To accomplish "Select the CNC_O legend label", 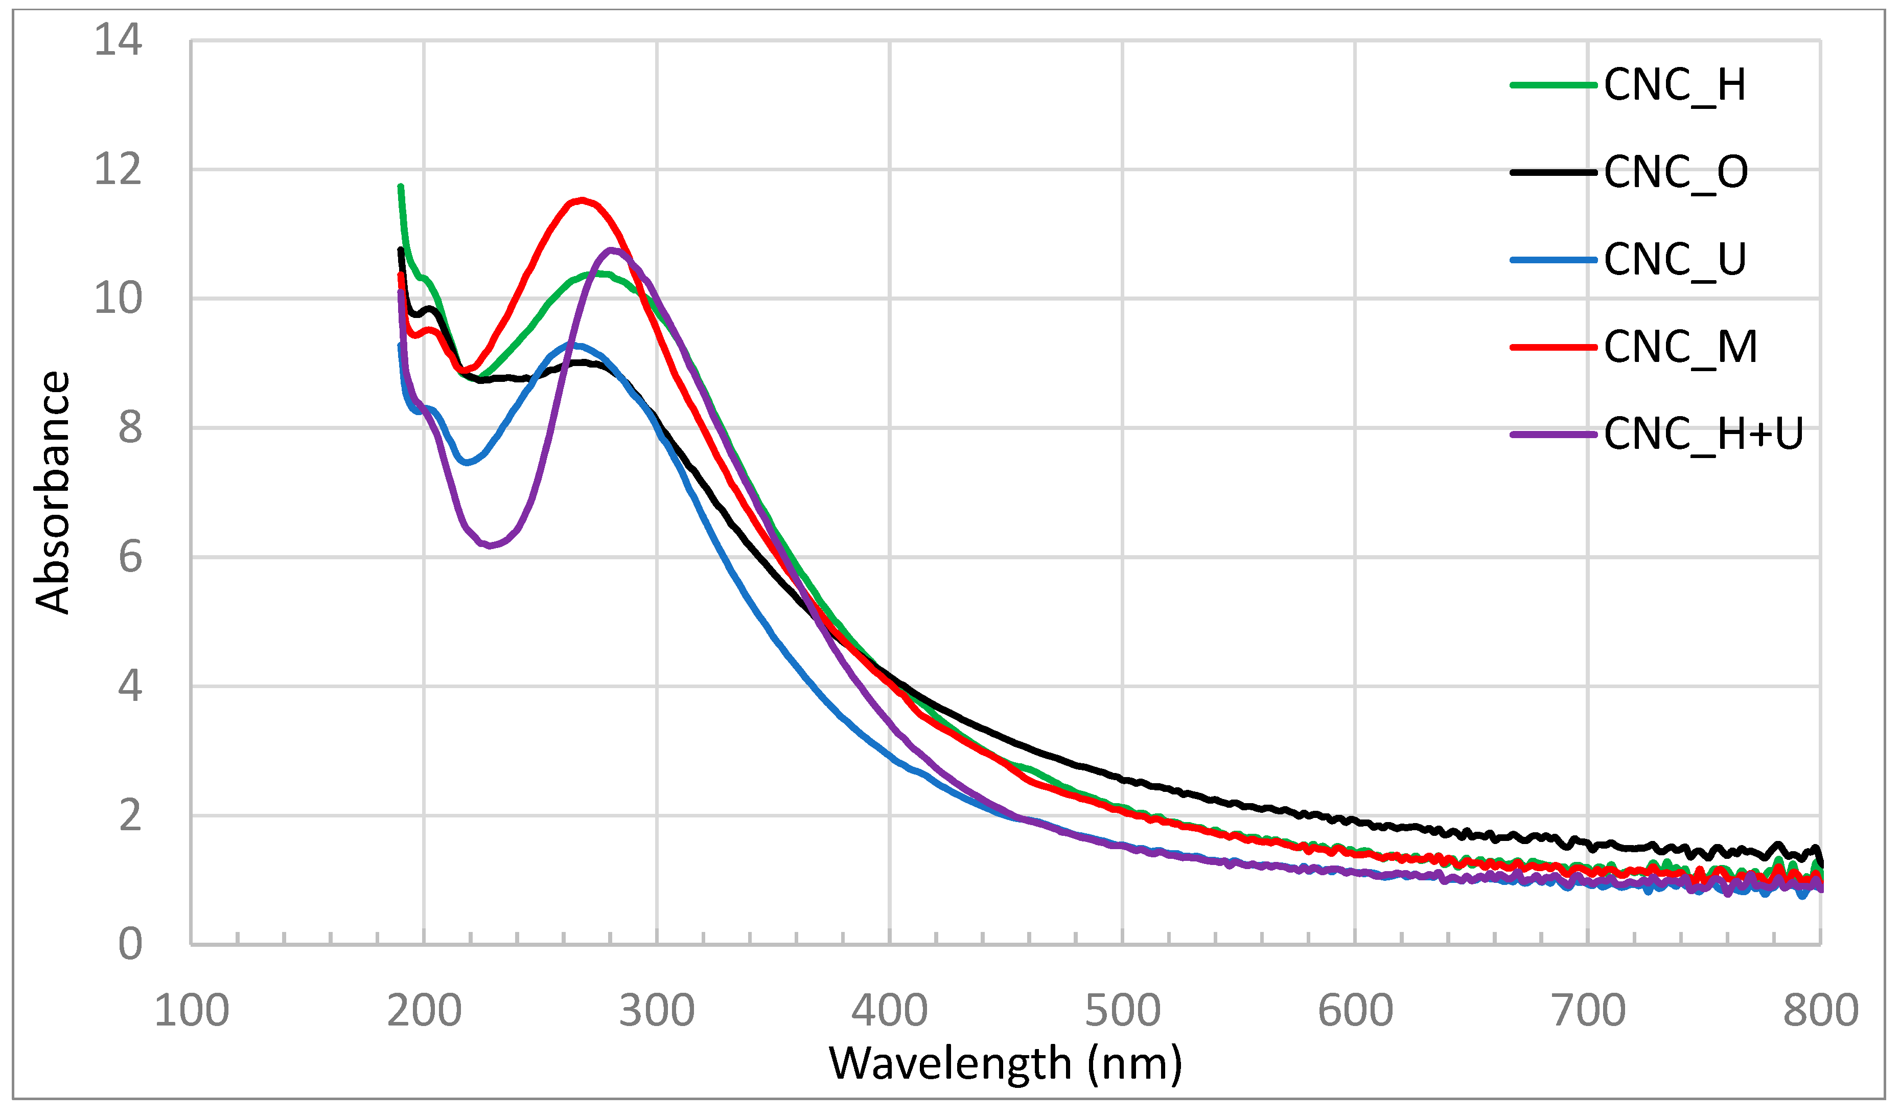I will coord(1675,173).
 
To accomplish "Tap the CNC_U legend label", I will coord(1675,260).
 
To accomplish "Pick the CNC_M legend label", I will coord(1680,348).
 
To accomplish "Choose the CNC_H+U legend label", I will coord(1702,435).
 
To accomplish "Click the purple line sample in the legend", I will coord(1553,435).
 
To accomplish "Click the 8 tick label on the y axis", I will coord(130,428).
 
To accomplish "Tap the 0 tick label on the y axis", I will coord(130,944).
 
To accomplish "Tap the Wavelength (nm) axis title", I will coord(1005,1064).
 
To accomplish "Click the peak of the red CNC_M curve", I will coord(582,200).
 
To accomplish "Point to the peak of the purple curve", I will coord(612,249).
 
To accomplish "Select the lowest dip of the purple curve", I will coord(490,545).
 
